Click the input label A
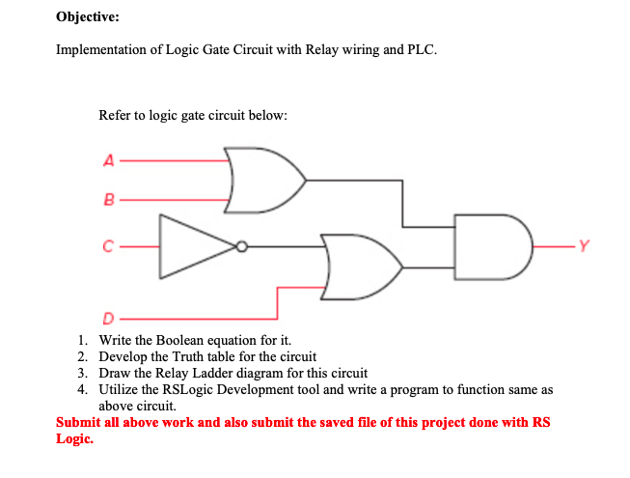coord(109,161)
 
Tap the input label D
coord(109,318)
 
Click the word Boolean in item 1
coord(198,339)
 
